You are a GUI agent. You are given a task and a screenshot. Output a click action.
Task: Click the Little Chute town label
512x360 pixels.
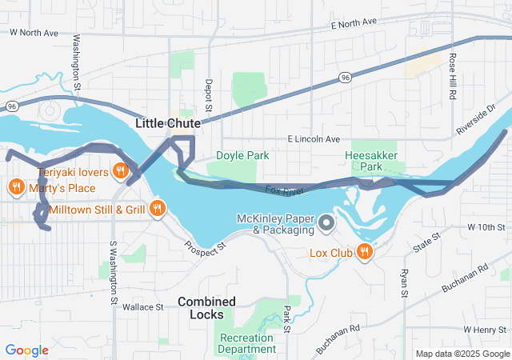168,123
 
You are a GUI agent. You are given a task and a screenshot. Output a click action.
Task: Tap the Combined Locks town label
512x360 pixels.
206,308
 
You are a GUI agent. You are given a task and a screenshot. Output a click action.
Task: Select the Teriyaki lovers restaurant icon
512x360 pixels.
121,170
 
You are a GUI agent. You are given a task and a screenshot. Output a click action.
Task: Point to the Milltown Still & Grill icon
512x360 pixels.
157,210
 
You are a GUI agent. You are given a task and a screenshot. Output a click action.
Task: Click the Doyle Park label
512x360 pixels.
242,156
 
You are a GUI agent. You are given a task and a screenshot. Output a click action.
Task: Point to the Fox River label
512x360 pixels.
285,191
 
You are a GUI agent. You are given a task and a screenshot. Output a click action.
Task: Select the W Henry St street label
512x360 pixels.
484,330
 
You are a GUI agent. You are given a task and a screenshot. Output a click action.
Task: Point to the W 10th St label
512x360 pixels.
484,228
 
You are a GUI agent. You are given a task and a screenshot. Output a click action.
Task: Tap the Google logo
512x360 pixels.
26,350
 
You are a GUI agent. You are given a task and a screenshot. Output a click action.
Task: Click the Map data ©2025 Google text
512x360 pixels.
461,354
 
